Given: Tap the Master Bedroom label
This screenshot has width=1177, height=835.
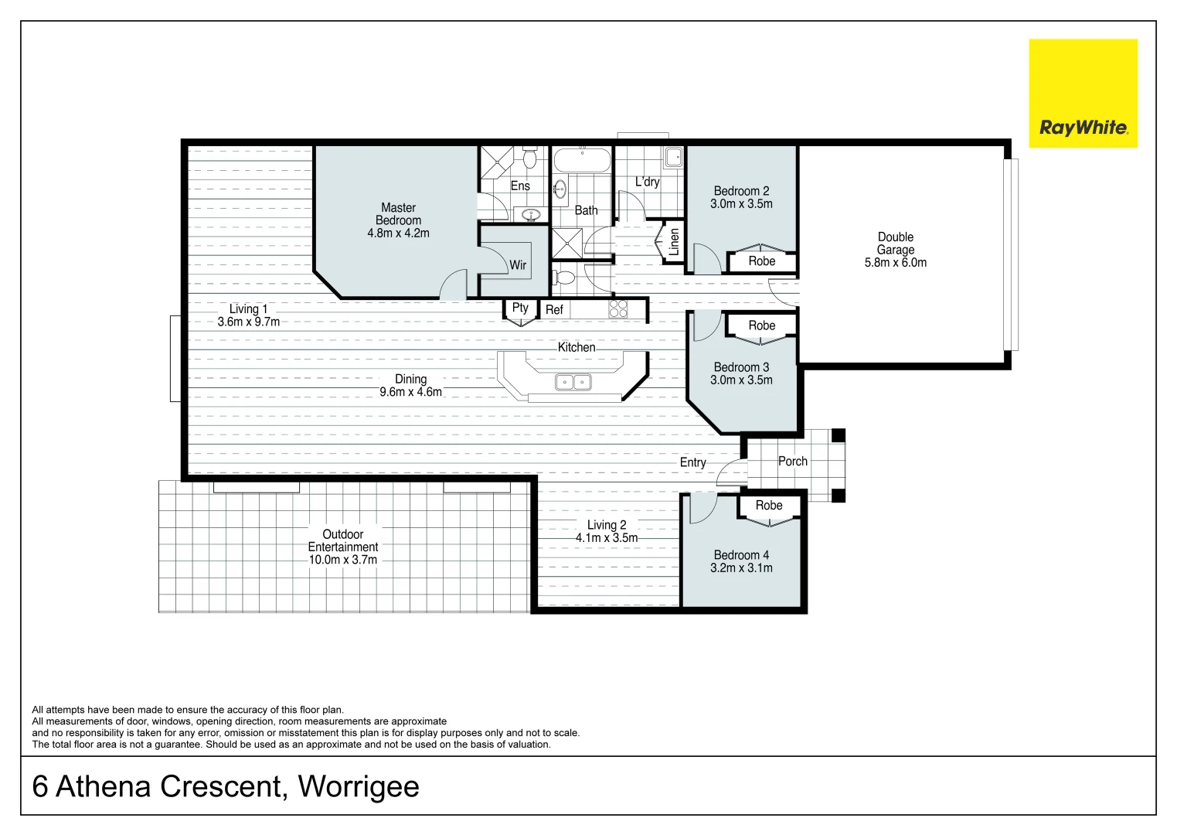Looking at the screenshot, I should click(x=398, y=214).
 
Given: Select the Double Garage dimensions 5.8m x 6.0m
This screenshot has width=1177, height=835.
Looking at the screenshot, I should click(x=895, y=263).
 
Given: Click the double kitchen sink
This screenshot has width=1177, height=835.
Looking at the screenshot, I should click(x=573, y=382).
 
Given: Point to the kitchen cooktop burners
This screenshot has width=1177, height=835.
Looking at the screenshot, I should click(x=618, y=309).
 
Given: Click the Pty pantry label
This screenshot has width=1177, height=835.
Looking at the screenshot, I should click(x=520, y=308).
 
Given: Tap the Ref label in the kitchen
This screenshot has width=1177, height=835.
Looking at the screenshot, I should click(x=554, y=310).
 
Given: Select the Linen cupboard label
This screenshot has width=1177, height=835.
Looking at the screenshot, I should click(x=674, y=242).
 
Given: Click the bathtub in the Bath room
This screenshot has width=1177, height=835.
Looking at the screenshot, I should click(x=582, y=162).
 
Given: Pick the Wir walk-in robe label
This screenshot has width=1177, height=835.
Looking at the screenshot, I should click(x=518, y=265).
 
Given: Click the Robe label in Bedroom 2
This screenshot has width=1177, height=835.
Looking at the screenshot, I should click(x=761, y=261).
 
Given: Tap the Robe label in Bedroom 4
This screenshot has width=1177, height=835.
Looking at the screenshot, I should click(x=768, y=506).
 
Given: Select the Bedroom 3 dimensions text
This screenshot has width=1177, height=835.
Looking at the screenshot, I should click(x=741, y=380).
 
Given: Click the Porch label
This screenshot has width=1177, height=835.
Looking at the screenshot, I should click(x=792, y=462).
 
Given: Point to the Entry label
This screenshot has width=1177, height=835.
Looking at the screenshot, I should click(x=692, y=462).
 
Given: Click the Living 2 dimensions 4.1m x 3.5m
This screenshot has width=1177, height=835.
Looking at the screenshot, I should click(x=607, y=538).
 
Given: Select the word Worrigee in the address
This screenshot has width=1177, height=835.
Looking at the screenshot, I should click(x=359, y=786).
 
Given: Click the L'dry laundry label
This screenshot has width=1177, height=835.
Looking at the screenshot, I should click(x=647, y=182).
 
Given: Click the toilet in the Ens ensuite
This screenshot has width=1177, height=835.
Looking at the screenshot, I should click(x=529, y=158).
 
